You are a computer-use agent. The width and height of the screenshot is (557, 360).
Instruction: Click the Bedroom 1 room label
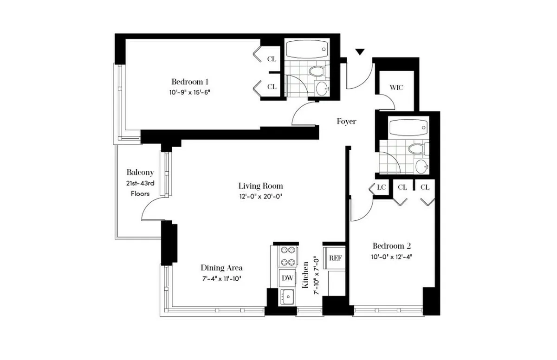tap(190, 81)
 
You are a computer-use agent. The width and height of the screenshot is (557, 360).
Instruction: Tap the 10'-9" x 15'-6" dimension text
tap(190, 91)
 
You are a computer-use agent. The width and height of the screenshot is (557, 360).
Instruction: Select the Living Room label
tap(260, 186)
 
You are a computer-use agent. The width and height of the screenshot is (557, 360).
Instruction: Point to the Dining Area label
tap(221, 268)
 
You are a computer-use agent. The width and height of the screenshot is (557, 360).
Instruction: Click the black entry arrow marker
tap(360, 52)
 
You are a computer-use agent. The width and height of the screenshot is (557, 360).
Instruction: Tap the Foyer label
tap(346, 122)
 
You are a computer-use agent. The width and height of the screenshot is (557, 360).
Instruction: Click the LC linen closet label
tap(382, 187)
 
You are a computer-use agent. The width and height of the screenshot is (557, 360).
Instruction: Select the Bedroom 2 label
tap(392, 246)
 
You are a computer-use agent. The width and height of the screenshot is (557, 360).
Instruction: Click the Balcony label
tap(140, 173)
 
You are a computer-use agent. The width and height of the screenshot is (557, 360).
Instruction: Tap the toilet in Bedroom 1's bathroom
tap(317, 71)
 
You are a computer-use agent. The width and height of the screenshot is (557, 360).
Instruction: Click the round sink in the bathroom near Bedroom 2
tap(422, 166)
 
